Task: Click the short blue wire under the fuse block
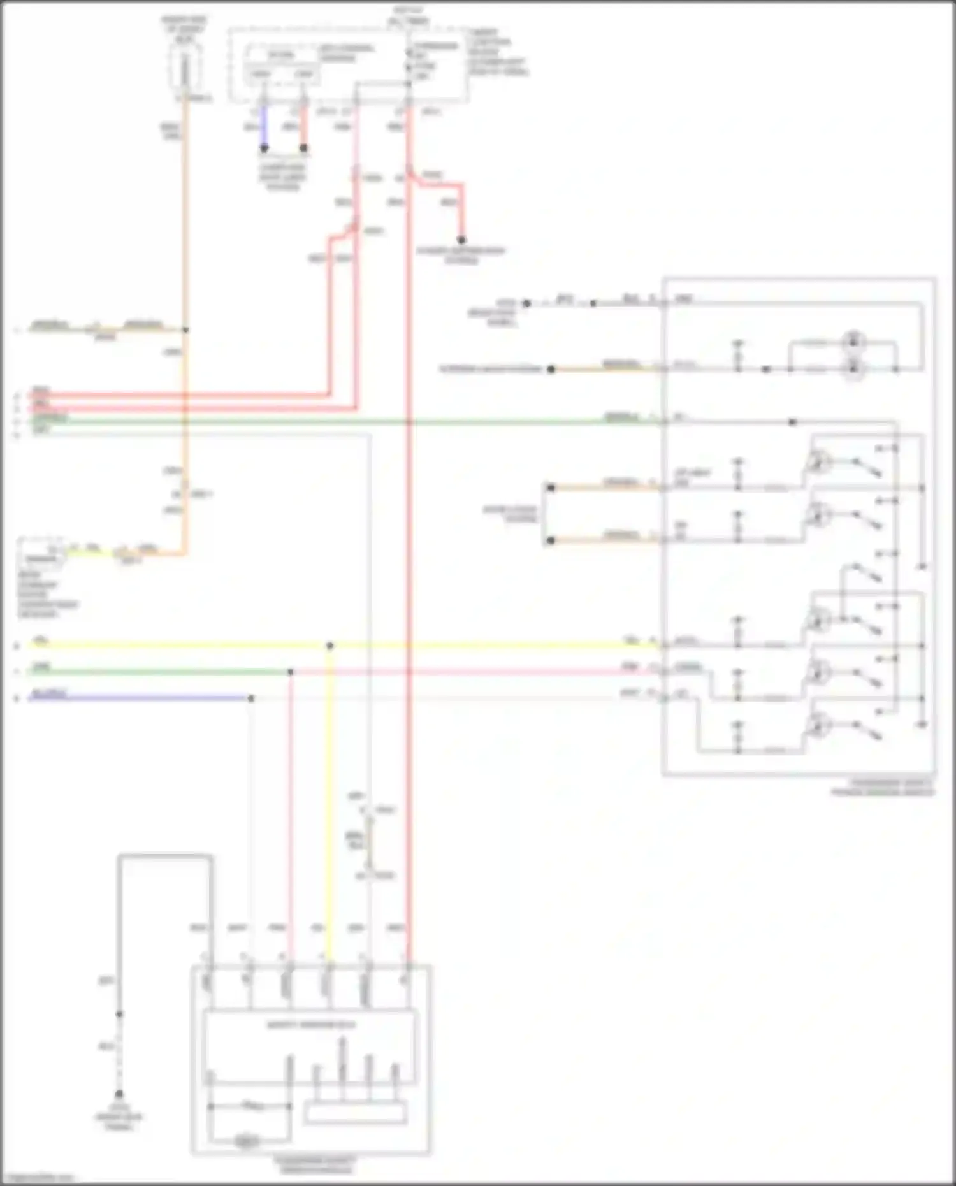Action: click(264, 127)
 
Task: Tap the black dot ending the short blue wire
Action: click(264, 148)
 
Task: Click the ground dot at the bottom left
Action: click(119, 1094)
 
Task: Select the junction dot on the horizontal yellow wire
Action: click(330, 646)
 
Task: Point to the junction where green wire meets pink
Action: click(291, 672)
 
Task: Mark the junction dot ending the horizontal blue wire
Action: click(251, 698)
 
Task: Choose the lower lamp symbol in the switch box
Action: click(853, 368)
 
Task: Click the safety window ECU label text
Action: click(311, 1025)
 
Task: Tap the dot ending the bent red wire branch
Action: click(461, 240)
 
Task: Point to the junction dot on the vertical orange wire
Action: click(185, 329)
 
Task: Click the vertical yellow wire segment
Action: click(330, 797)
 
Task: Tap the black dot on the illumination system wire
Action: click(551, 369)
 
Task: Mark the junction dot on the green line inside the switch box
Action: click(792, 422)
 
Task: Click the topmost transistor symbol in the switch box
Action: click(816, 461)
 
